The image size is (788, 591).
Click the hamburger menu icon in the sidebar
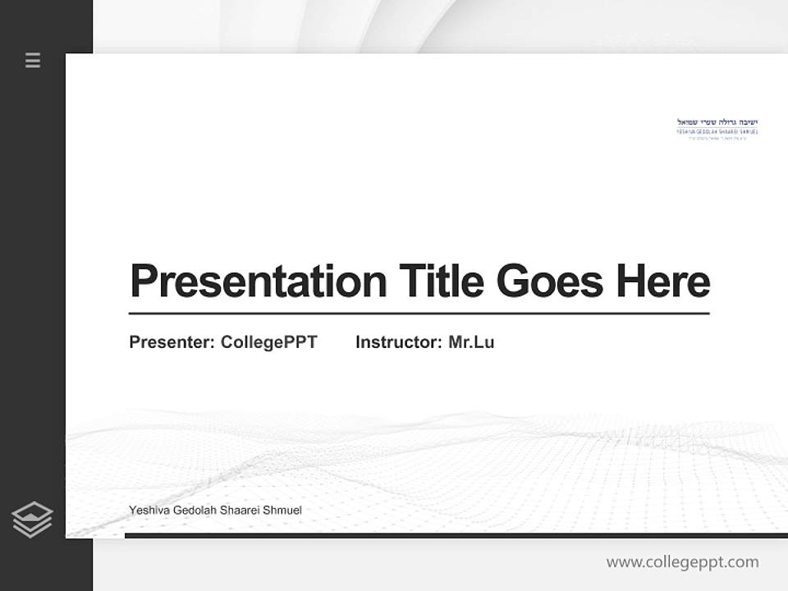point(33,60)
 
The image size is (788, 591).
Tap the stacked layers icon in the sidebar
point(32,520)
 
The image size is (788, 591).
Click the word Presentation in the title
point(258,282)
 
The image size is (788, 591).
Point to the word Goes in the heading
point(550,282)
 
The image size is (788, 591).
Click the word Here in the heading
point(662,282)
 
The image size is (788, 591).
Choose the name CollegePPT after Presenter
point(268,342)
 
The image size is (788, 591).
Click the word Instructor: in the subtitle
point(399,342)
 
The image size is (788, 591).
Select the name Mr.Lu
point(471,342)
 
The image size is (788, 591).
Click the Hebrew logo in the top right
point(717,128)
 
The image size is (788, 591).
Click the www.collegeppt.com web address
point(682,562)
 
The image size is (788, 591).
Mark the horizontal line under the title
point(419,314)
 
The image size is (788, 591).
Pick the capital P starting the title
point(144,282)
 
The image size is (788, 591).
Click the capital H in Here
point(630,282)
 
